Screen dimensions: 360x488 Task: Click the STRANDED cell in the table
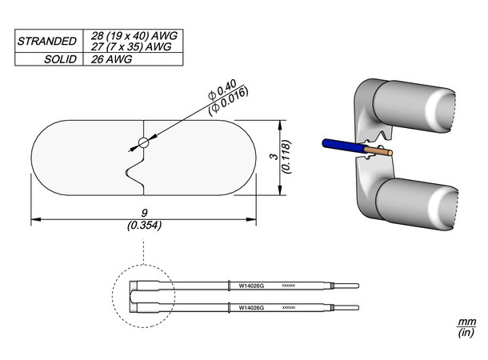coord(48,41)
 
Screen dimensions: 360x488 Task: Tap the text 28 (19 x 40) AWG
coord(134,35)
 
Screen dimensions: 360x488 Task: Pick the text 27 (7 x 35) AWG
coord(134,46)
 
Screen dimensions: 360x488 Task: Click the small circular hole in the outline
coord(143,143)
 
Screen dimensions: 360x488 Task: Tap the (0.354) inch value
coord(144,226)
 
